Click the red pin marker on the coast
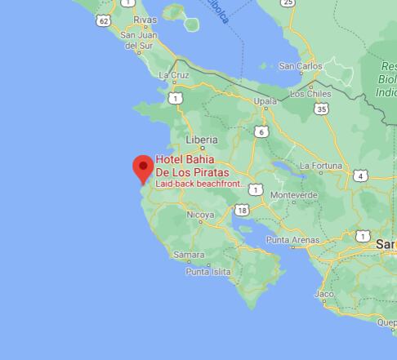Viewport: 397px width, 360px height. (144, 167)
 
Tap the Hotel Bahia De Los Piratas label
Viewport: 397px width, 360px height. (192, 166)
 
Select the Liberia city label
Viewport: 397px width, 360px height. (201, 140)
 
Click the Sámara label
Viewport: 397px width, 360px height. (189, 256)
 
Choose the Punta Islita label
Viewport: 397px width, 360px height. (207, 272)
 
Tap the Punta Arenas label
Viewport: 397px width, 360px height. (292, 241)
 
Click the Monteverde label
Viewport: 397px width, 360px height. (293, 196)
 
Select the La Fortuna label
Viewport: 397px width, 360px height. (321, 166)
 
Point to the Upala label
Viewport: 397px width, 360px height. (265, 102)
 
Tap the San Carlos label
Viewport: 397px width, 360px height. (300, 66)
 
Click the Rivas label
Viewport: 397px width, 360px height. (145, 19)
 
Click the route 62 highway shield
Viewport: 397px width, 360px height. (103, 20)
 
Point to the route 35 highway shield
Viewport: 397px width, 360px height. (323, 109)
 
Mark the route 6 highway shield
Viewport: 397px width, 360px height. (261, 131)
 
